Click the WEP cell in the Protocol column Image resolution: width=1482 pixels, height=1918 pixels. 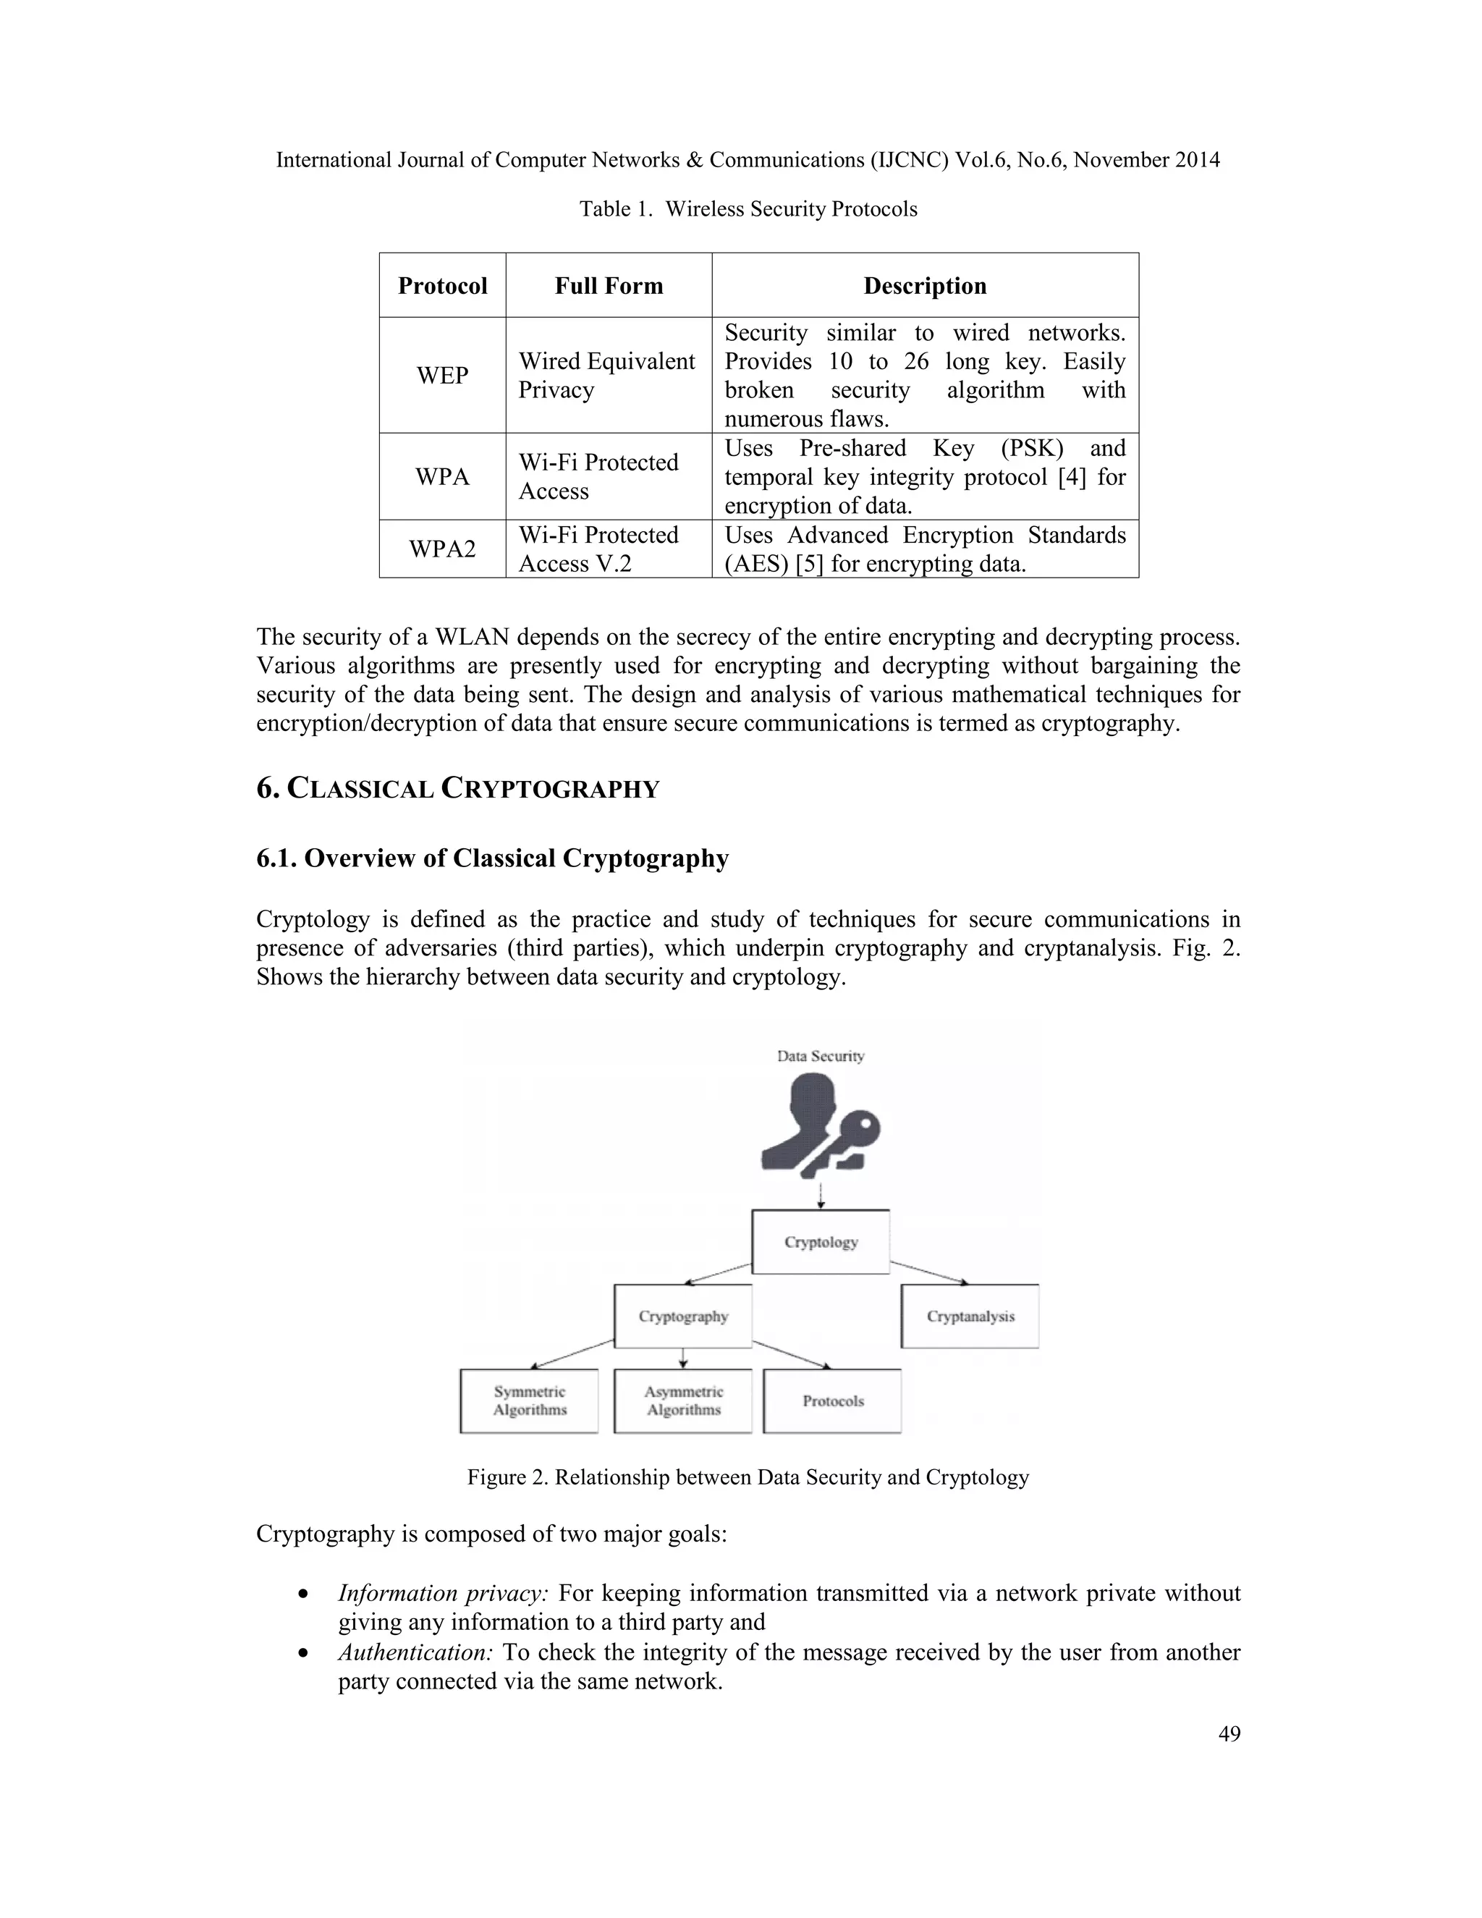coord(441,375)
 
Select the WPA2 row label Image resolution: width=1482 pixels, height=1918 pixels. coord(441,549)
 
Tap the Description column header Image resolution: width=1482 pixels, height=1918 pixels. coord(925,285)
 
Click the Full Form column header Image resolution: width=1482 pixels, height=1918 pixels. coord(609,285)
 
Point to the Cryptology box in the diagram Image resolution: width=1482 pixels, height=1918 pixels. coord(821,1242)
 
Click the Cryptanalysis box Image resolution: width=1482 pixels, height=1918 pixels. coord(970,1316)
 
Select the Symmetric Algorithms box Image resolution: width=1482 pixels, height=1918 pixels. coord(530,1400)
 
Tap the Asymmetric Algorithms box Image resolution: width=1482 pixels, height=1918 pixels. coord(683,1400)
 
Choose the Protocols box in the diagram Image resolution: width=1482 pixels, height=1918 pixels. coord(832,1400)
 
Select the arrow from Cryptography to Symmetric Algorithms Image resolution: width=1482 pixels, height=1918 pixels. coord(572,1353)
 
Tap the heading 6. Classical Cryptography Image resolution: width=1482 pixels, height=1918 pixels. coord(457,787)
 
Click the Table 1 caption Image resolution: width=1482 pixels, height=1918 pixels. coord(748,209)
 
